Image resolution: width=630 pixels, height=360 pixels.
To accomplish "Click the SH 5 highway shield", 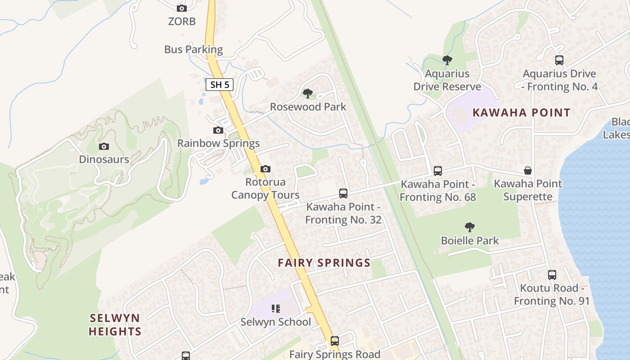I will (220, 84).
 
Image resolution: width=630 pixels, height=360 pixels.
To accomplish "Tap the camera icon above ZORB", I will (182, 8).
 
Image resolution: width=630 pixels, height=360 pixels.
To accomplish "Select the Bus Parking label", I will (193, 49).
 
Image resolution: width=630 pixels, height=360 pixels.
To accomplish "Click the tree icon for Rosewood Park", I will (308, 94).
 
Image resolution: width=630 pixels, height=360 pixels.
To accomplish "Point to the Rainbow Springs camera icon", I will (218, 130).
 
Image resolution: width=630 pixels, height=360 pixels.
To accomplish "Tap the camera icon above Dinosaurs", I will (104, 146).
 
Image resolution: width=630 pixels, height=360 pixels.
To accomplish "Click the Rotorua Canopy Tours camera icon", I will (265, 169).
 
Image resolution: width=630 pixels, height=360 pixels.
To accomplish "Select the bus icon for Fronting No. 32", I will (343, 193).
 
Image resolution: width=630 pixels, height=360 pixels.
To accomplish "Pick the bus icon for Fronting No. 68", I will (438, 171).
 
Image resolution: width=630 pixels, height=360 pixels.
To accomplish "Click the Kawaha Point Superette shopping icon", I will (528, 171).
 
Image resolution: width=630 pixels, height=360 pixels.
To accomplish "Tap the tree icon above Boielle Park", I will (470, 227).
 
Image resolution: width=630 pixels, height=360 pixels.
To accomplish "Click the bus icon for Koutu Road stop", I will (552, 274).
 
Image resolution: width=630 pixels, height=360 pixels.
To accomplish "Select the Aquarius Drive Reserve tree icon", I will (447, 60).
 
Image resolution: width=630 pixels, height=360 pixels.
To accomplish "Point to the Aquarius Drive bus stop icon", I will (559, 60).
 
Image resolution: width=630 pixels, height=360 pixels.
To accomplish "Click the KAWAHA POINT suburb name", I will (521, 112).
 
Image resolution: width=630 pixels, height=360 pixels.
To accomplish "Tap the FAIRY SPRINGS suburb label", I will (324, 263).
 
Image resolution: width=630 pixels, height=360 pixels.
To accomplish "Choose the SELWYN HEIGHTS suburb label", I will (115, 324).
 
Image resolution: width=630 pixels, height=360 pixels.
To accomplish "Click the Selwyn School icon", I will (276, 309).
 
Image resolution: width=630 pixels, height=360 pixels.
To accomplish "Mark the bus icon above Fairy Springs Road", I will (335, 341).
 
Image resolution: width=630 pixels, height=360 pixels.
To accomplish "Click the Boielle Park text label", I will (470, 240).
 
